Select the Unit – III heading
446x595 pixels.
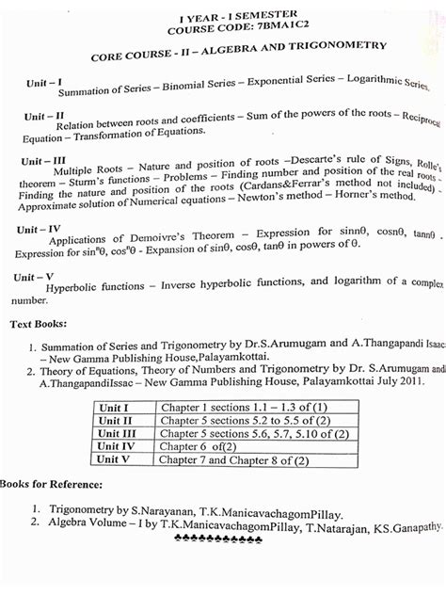[x=44, y=161]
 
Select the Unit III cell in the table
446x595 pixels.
[x=117, y=433]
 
